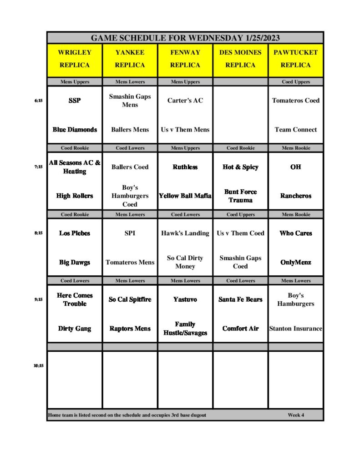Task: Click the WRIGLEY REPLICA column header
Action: (75, 59)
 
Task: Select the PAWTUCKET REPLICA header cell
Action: (295, 59)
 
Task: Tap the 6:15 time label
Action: (38, 101)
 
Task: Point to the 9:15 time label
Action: (38, 299)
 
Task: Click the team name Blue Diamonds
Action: (75, 130)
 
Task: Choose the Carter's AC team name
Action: (185, 101)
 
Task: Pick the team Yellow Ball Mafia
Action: (185, 196)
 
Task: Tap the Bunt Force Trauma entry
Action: (240, 196)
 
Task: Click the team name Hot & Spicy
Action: (240, 167)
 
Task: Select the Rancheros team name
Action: (295, 196)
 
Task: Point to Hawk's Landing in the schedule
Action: (185, 233)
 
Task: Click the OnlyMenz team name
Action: (295, 263)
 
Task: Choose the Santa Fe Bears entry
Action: (240, 299)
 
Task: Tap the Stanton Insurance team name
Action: (295, 329)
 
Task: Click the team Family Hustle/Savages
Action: (185, 329)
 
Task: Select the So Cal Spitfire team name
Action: (130, 299)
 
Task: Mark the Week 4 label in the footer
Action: (296, 415)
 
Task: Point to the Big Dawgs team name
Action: (75, 263)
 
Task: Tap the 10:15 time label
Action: (38, 365)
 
